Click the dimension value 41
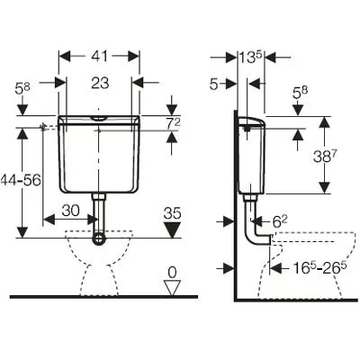pyautogui.click(x=99, y=56)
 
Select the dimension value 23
pyautogui.click(x=100, y=83)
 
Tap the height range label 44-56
pyautogui.click(x=21, y=180)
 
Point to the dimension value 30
pyautogui.click(x=71, y=211)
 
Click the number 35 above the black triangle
pyautogui.click(x=173, y=213)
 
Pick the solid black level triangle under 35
pyautogui.click(x=172, y=230)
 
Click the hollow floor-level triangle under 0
pyautogui.click(x=173, y=288)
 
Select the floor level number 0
pyautogui.click(x=172, y=273)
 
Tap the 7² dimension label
pyautogui.click(x=173, y=124)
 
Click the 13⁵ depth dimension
pyautogui.click(x=250, y=57)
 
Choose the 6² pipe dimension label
pyautogui.click(x=280, y=222)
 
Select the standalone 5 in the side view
pyautogui.click(x=213, y=85)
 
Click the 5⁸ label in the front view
pyautogui.click(x=22, y=89)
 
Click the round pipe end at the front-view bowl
pyautogui.click(x=99, y=239)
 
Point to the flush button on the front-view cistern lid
pyautogui.click(x=99, y=118)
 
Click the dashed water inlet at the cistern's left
pyautogui.click(x=49, y=127)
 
